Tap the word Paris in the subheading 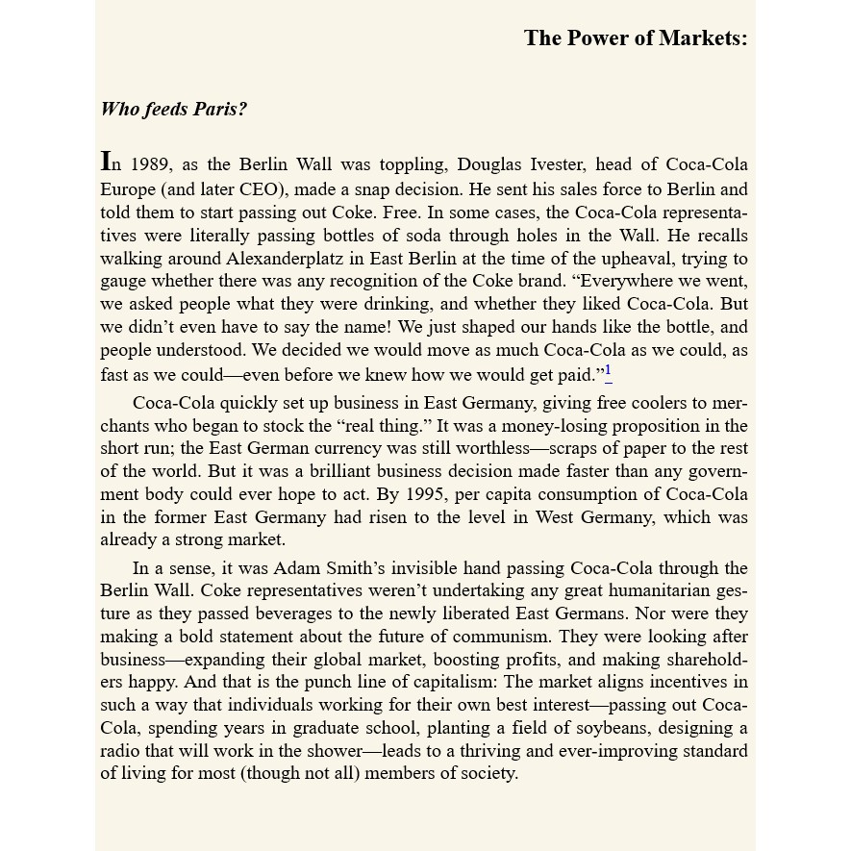click(219, 109)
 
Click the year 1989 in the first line click(152, 165)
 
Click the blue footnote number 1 click(609, 372)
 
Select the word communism click(501, 637)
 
